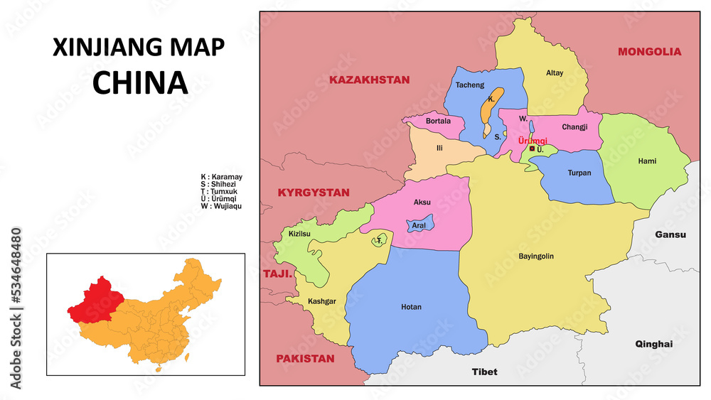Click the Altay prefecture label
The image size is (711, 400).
pos(555,73)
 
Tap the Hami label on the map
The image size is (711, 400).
pos(647,161)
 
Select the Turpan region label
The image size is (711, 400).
pos(579,173)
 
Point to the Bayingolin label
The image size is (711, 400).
pos(536,256)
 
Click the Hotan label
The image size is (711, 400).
pos(411,308)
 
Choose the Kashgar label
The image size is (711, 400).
pos(321,301)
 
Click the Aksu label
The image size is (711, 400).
pos(422,202)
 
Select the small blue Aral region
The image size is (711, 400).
pos(419,225)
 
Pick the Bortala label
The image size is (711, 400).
pos(438,121)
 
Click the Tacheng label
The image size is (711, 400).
pos(469,85)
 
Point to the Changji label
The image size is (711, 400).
pos(574,127)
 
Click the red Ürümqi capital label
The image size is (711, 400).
pos(533,141)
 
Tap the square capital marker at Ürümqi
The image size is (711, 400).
pos(532,149)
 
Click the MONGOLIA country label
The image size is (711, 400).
pos(649,52)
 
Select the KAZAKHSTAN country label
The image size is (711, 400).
pos(369,80)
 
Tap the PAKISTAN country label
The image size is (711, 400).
pos(305,359)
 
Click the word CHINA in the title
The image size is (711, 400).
pos(140,83)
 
